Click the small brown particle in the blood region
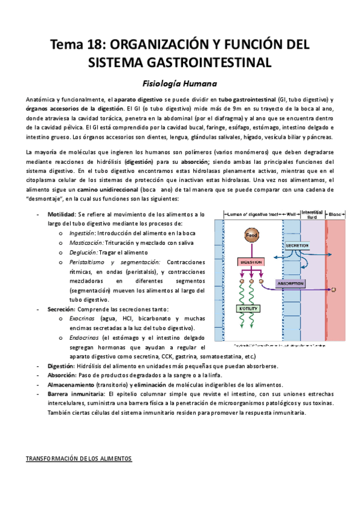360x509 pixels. [x=334, y=290]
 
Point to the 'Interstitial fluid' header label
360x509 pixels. [x=312, y=213]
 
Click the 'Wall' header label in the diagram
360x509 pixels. [x=291, y=214]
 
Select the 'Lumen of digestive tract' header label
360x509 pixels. [x=252, y=214]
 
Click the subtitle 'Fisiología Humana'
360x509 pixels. [x=179, y=83]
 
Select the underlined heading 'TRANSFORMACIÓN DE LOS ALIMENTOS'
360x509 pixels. [x=78, y=459]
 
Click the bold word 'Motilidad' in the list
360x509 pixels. [x=61, y=214]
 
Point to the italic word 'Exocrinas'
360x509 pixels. [x=83, y=319]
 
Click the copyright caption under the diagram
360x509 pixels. [x=280, y=347]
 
